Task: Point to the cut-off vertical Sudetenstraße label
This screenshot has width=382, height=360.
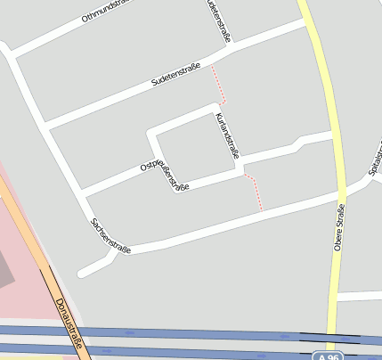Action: pyautogui.click(x=219, y=20)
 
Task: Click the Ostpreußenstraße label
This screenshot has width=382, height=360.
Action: pyautogui.click(x=164, y=171)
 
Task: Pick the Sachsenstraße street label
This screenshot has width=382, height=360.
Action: pyautogui.click(x=110, y=237)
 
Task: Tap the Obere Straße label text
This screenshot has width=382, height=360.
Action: pyautogui.click(x=339, y=227)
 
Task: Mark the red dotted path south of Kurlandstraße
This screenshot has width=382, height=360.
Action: pyautogui.click(x=256, y=192)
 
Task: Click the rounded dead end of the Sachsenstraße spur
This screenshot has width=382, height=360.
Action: pyautogui.click(x=82, y=273)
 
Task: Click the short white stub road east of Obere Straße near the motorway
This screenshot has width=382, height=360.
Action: pyautogui.click(x=361, y=294)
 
